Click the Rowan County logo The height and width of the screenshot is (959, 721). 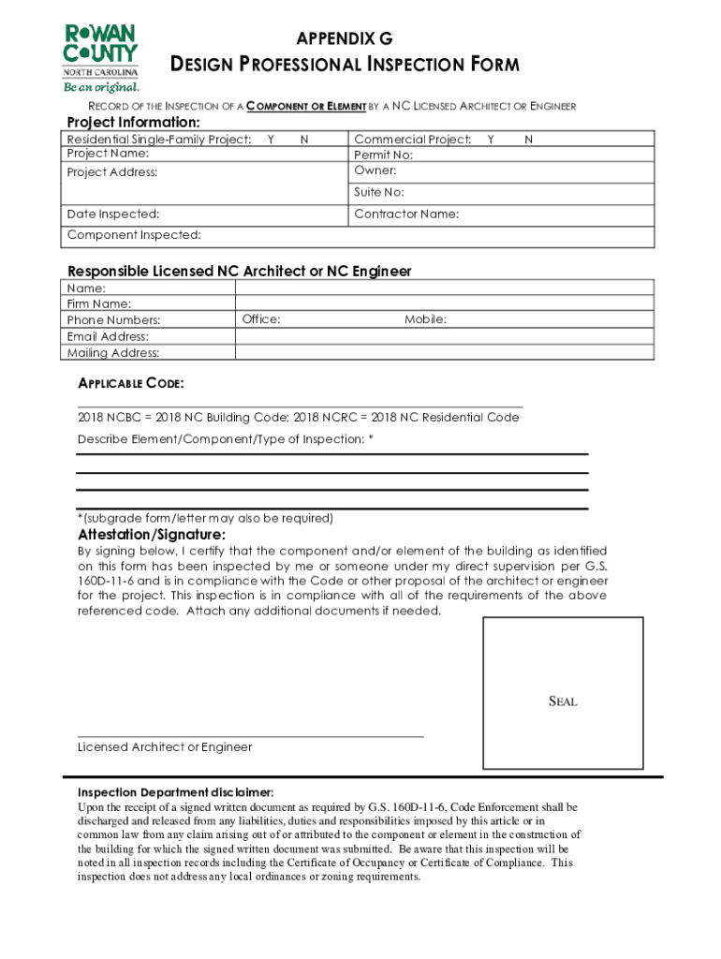coord(100,57)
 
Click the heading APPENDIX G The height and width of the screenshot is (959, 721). coord(344,38)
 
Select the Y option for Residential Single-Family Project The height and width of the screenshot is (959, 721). coord(271,140)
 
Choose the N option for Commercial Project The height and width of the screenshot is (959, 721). coord(528,140)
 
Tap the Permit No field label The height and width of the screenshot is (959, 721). coord(383,155)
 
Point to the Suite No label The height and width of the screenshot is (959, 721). coord(379,192)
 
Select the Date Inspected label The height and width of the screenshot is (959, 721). coord(112,214)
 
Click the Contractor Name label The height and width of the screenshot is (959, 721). coord(406,214)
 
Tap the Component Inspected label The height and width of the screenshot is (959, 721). coord(134,235)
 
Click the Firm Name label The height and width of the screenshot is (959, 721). coord(99,304)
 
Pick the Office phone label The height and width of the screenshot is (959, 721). coord(261,320)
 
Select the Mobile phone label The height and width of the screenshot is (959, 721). coord(425,320)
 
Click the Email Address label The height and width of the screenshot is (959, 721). coord(108,336)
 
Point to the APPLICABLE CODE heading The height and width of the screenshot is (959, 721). coord(130,384)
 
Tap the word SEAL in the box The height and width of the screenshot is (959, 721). coord(562,701)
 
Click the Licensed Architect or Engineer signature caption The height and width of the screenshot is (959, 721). coord(165,747)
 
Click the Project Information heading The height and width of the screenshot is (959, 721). coord(132,124)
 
